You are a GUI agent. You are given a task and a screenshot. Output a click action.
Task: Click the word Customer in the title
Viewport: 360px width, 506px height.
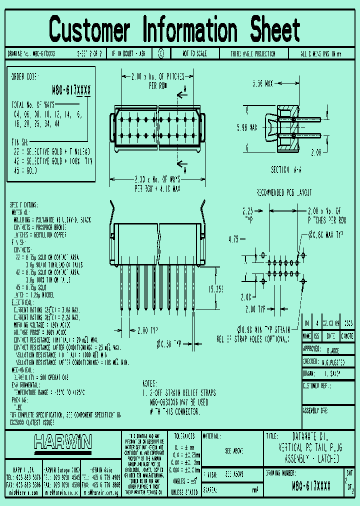tap(90, 29)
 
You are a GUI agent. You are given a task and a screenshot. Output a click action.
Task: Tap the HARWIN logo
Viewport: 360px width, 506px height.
tap(63, 442)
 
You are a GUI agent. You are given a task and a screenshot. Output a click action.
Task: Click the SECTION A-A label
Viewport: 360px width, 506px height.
tap(286, 170)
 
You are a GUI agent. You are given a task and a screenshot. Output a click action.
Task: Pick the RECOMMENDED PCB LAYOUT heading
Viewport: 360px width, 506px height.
tap(284, 192)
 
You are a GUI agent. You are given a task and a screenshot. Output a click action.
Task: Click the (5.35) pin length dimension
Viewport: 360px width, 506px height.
tap(216, 288)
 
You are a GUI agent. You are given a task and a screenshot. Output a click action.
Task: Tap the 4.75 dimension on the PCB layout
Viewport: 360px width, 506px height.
tap(232, 238)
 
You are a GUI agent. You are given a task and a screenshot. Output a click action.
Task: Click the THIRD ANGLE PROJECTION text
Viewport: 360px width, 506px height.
tap(253, 53)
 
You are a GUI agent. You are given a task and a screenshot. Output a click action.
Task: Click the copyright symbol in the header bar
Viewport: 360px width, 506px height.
tap(161, 53)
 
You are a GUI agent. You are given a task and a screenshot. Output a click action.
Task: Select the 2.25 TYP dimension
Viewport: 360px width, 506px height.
tap(249, 214)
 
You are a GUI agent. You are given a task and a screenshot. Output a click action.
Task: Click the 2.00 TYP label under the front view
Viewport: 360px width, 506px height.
tap(147, 330)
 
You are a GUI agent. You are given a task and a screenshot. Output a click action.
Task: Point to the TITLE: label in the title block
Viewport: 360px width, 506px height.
tap(273, 436)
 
